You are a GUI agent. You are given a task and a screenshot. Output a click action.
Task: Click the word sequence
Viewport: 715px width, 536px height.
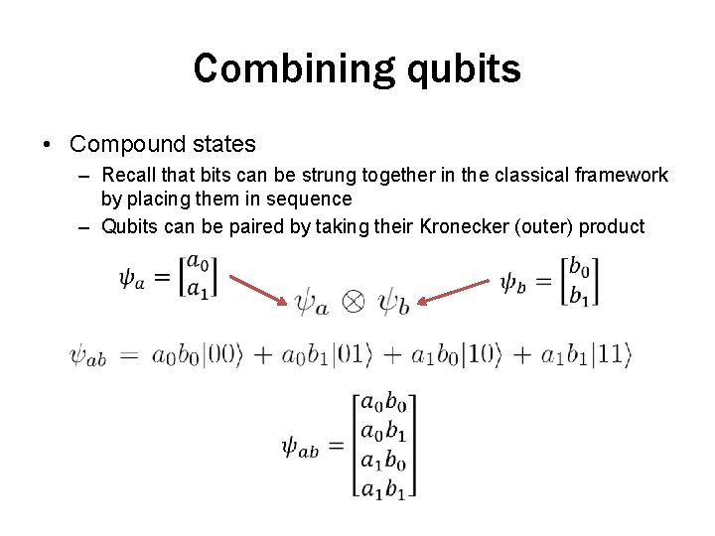(x=313, y=199)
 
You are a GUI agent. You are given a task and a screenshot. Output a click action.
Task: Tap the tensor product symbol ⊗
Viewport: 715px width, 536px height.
(x=354, y=302)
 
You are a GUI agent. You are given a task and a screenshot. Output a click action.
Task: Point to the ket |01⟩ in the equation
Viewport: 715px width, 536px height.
(x=353, y=354)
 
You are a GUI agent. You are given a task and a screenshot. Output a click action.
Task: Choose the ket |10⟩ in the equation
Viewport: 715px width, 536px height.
(x=482, y=354)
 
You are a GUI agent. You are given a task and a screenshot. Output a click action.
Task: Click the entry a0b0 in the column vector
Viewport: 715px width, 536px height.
(x=382, y=404)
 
